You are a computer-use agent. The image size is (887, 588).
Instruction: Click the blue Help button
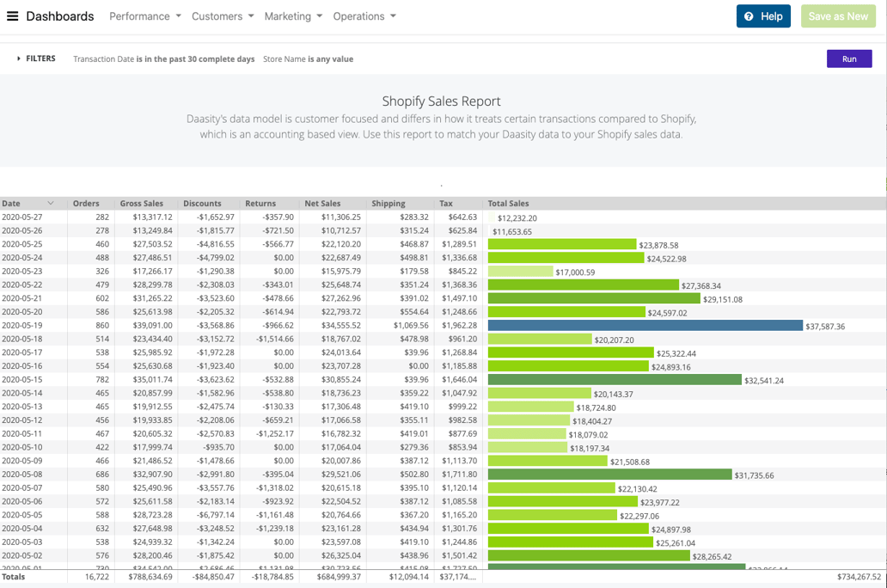pos(763,16)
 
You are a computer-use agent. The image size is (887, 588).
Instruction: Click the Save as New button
pos(838,16)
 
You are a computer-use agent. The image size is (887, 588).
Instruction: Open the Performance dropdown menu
pos(144,16)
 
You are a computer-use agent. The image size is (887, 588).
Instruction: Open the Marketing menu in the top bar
pos(293,16)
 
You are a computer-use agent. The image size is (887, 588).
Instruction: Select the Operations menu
pos(364,16)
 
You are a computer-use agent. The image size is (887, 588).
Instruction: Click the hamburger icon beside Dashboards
pos(13,16)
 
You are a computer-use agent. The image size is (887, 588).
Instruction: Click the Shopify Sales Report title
pos(441,101)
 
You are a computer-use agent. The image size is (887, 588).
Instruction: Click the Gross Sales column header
pos(142,204)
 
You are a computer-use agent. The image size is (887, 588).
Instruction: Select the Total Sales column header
pos(508,204)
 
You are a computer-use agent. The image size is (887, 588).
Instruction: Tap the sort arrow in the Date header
pos(51,204)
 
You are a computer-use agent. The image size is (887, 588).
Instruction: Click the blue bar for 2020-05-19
pos(645,326)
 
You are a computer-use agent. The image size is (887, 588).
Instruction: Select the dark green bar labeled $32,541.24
pos(615,380)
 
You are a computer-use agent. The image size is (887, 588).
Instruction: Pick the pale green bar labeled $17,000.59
pos(520,272)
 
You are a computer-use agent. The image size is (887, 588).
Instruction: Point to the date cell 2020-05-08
pos(22,475)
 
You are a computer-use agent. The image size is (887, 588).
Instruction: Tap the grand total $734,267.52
pos(859,577)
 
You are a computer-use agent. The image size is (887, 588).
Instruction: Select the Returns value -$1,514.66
pos(269,340)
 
